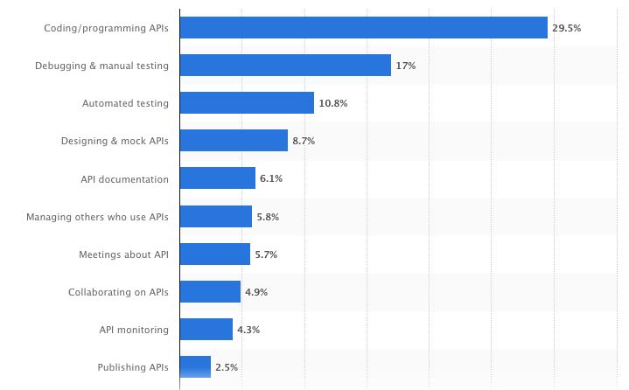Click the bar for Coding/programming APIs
coord(363,28)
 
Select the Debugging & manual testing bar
coord(285,66)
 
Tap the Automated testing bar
coord(247,103)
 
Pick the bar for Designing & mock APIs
coord(234,141)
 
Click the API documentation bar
coord(218,178)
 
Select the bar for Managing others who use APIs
coord(216,216)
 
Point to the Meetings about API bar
coord(215,254)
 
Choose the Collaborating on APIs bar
coord(210,291)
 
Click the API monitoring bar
coord(206,329)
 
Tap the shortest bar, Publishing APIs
coord(195,366)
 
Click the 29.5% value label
coord(566,28)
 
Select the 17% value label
coord(405,66)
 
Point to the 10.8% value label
coord(332,103)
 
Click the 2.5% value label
coord(226,367)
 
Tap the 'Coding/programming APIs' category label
coord(107,29)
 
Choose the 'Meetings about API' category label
coord(123,254)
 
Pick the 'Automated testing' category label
coord(125,104)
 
